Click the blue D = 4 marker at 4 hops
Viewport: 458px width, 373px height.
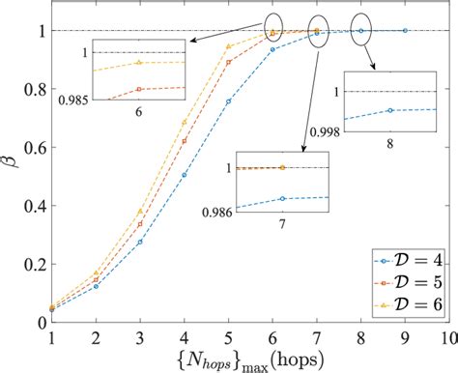[x=184, y=175]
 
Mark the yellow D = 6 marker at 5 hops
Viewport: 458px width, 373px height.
[x=228, y=46]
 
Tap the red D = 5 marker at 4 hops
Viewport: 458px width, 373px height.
[x=184, y=141]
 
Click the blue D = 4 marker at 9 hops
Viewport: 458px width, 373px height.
[x=405, y=31]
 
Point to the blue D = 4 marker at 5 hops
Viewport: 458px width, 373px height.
[x=228, y=101]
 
